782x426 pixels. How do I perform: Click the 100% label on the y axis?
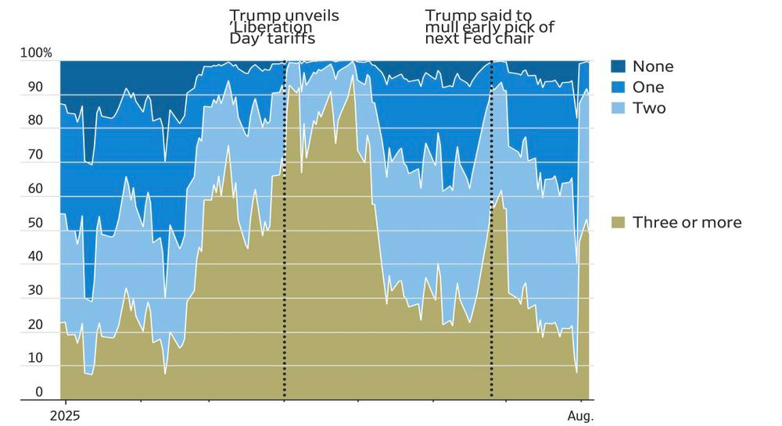click(x=36, y=53)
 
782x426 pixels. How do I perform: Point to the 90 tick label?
click(x=35, y=88)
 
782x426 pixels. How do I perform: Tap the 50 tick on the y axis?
click(x=35, y=223)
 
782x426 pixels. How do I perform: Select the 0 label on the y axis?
click(x=39, y=392)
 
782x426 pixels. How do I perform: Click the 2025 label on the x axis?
click(x=65, y=416)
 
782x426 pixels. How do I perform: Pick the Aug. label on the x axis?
click(x=580, y=416)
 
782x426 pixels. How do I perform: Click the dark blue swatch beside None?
click(x=618, y=66)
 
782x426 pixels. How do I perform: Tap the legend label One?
click(x=648, y=88)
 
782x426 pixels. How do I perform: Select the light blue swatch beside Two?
click(x=618, y=108)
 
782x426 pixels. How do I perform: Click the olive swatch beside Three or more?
click(x=618, y=222)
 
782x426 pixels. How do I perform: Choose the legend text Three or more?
click(x=687, y=222)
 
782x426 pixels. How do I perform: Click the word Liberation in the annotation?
click(x=271, y=27)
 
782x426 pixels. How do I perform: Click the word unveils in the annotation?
click(x=312, y=16)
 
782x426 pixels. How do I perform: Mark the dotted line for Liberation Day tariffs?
click(x=285, y=230)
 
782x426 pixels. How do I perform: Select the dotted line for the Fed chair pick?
click(x=492, y=230)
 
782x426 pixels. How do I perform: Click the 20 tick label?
click(x=35, y=324)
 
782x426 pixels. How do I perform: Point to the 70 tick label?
click(x=35, y=155)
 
